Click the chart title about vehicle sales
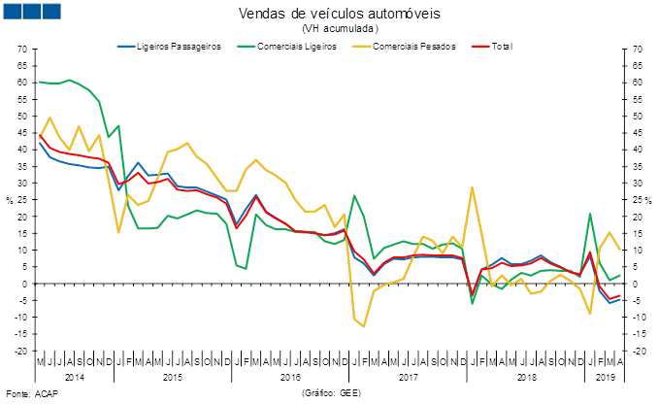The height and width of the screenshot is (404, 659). tap(339, 14)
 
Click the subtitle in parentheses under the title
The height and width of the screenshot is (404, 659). tap(339, 30)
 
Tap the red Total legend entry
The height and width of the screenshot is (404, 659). tap(495, 46)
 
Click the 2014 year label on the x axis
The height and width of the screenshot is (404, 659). tap(75, 376)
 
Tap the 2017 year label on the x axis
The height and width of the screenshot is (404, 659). tap(408, 376)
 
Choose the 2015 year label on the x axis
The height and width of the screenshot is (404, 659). tap(172, 376)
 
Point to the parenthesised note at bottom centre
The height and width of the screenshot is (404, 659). tap(331, 393)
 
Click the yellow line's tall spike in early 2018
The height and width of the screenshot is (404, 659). tap(472, 187)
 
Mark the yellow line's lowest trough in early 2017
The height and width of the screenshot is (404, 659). tap(364, 326)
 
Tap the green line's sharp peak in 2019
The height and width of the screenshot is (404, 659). tap(591, 214)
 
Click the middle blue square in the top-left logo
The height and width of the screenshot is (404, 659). tap(32, 12)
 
